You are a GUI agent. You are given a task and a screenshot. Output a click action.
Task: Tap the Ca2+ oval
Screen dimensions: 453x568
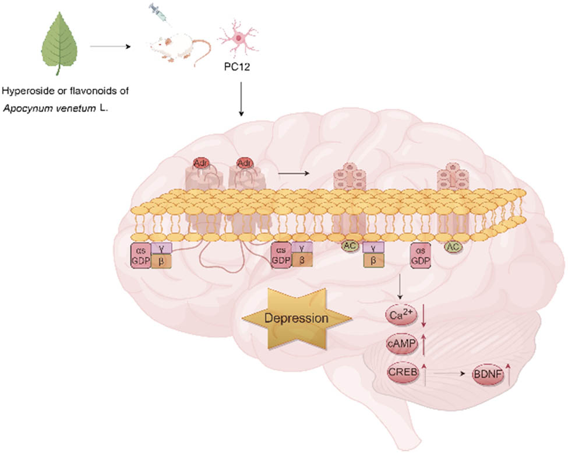pyautogui.click(x=402, y=315)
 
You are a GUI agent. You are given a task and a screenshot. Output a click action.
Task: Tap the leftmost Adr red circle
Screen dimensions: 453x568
pyautogui.click(x=200, y=163)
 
